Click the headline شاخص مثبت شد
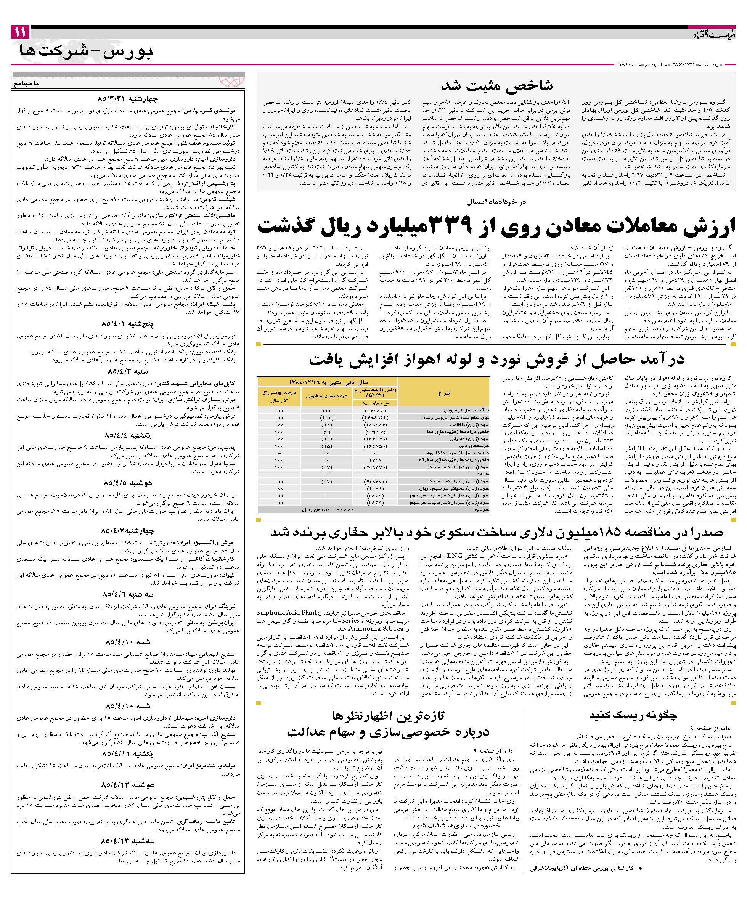tap(496, 86)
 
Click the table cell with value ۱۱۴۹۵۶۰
tap(375, 411)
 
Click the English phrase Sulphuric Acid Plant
tap(287, 612)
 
